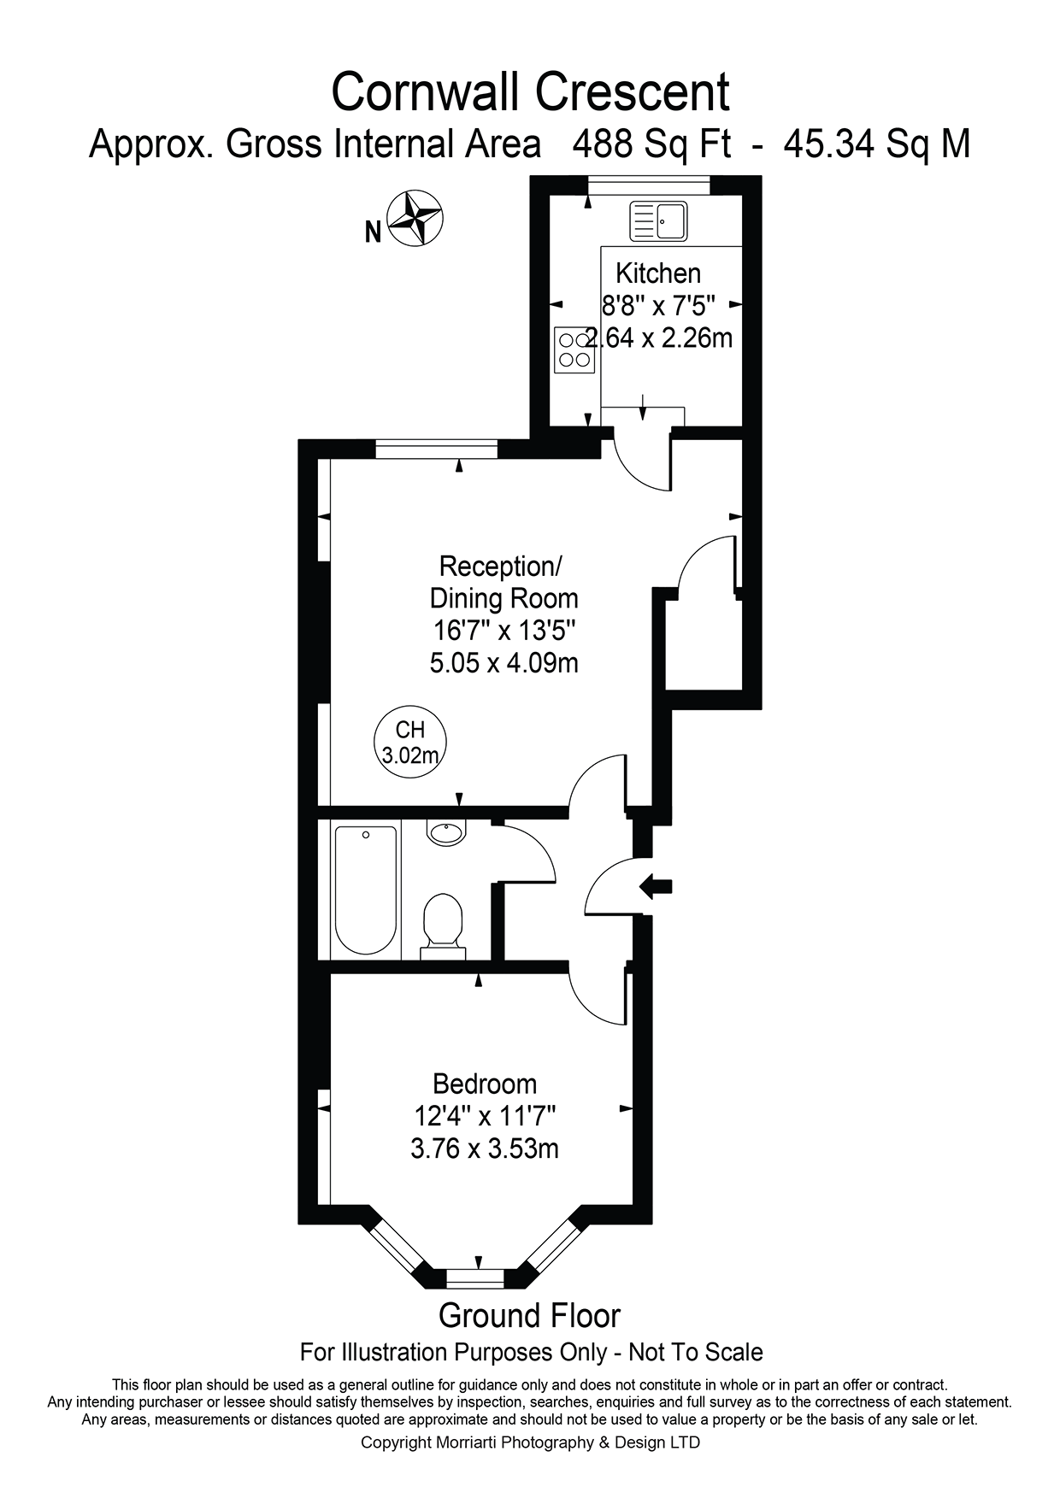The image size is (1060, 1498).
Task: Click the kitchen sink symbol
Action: point(658,221)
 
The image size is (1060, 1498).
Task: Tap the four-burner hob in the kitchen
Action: point(574,350)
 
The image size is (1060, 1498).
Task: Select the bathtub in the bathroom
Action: point(366,890)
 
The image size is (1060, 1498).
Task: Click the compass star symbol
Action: point(415,219)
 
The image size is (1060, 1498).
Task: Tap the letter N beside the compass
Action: point(373,232)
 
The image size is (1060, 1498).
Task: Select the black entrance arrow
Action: point(657,887)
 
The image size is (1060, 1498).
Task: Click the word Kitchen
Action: point(658,273)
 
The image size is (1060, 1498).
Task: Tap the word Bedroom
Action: point(485,1084)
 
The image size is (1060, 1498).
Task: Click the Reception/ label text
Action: point(501,566)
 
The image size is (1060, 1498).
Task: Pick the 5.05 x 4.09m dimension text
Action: point(504,662)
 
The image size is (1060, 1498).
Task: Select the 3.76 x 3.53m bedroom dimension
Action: point(485,1148)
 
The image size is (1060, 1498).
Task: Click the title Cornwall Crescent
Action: point(531,92)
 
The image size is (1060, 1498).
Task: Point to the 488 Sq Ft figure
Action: point(651,144)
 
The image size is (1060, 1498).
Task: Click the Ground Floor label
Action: point(530,1316)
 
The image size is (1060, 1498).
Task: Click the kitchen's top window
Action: point(649,185)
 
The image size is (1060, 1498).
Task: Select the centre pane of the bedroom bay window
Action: point(478,1279)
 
